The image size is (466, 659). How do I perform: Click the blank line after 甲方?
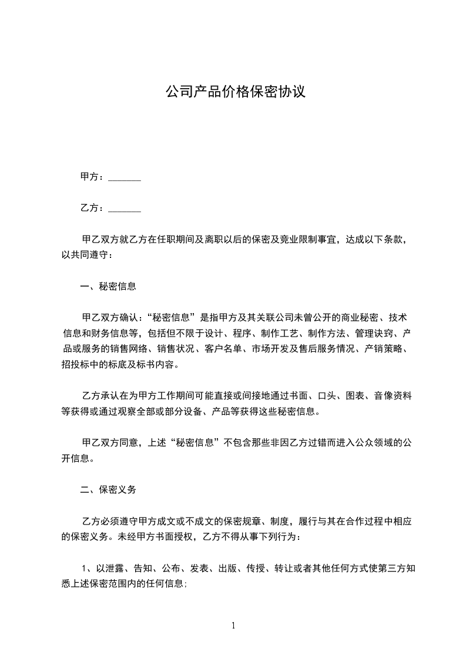click(x=125, y=177)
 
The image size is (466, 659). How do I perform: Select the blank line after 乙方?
click(x=125, y=208)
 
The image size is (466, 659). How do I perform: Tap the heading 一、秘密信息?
click(x=108, y=287)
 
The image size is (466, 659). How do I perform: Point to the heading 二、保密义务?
click(x=108, y=489)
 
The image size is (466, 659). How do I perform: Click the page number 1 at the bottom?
click(x=233, y=626)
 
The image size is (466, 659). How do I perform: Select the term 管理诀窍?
click(x=366, y=334)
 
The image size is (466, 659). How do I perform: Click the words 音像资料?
click(x=393, y=396)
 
